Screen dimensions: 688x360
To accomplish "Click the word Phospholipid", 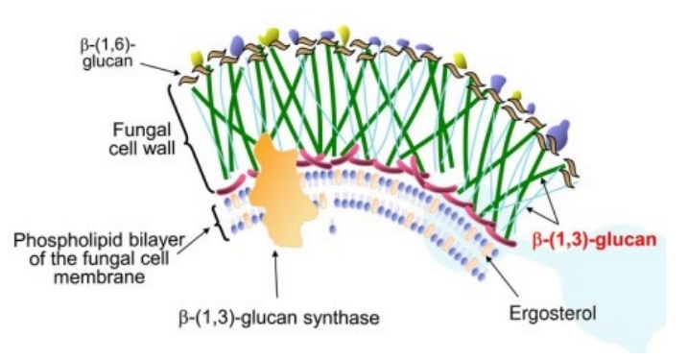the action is coord(46,238).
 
